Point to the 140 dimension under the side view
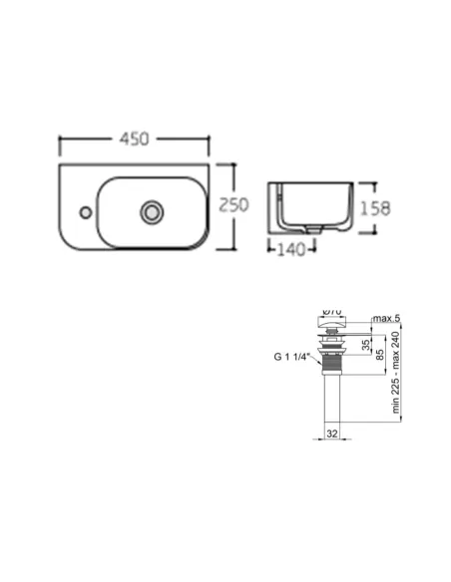pos(290,250)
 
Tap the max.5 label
pos(387,319)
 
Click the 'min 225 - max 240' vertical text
pos(395,375)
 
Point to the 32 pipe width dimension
pos(331,434)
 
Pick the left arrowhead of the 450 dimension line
pos(63,139)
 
